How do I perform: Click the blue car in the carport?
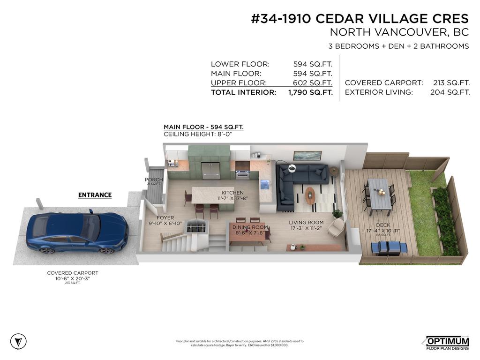tap(75, 233)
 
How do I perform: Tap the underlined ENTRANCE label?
tap(95, 195)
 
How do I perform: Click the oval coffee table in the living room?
tap(310, 195)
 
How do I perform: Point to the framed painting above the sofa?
tap(307, 156)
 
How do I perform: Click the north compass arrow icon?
tap(18, 341)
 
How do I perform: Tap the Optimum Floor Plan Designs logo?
tap(447, 343)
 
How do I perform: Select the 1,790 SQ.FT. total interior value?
tap(310, 93)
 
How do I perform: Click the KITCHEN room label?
tap(232, 193)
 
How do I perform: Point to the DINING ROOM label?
tap(249, 227)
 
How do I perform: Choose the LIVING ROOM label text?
tap(306, 223)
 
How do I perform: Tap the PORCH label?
tap(154, 180)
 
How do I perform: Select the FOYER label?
tap(165, 218)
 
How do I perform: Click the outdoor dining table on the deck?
tap(379, 194)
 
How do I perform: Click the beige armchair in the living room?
tap(336, 227)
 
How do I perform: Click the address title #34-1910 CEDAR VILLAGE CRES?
tap(360, 19)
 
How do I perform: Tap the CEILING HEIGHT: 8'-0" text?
tap(198, 135)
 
